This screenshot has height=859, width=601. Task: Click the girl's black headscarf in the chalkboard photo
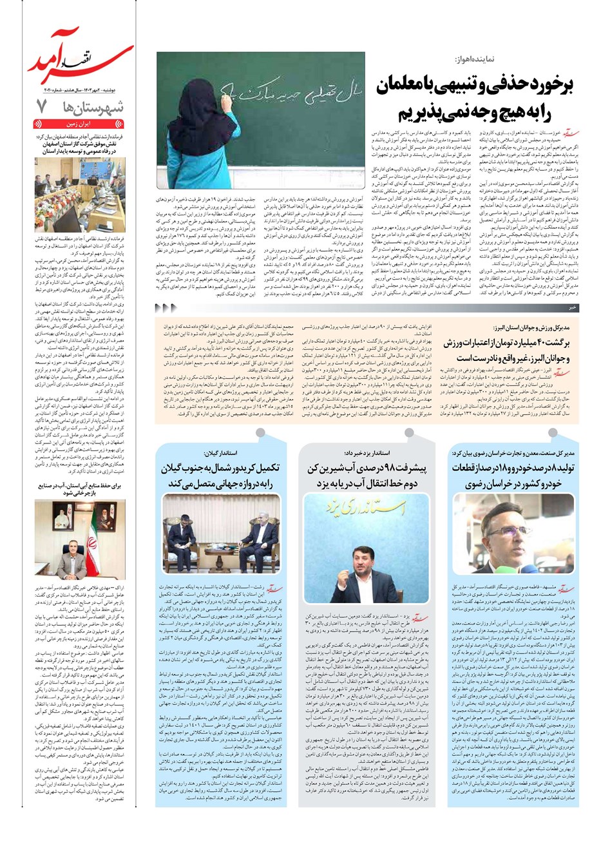point(204,84)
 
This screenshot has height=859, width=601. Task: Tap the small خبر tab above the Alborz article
point(571,309)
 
